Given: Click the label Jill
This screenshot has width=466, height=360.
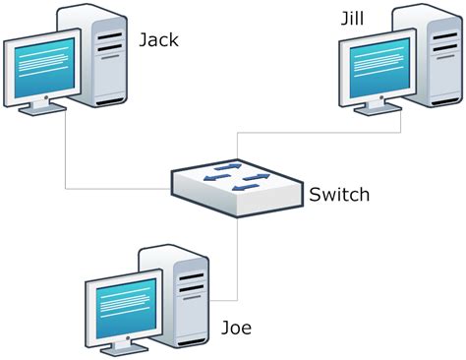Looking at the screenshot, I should [351, 17].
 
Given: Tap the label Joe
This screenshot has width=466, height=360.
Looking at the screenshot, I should [237, 328].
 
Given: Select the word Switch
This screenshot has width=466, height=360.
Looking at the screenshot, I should [339, 194].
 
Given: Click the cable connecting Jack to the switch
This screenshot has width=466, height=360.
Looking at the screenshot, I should [66, 157].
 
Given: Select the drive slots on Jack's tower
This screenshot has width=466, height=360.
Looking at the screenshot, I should [110, 38].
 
